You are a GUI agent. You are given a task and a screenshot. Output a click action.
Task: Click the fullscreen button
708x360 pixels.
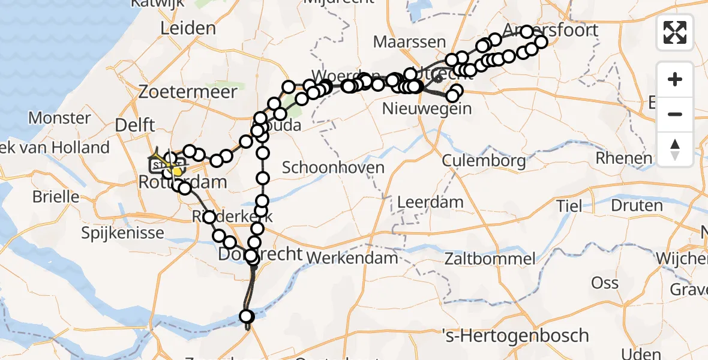click(x=675, y=32)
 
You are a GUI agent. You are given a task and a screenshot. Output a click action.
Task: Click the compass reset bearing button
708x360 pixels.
click(x=675, y=149)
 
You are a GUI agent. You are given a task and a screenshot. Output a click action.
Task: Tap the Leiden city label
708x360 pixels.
click(x=188, y=28)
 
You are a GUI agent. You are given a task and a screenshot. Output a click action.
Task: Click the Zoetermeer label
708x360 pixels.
click(x=188, y=92)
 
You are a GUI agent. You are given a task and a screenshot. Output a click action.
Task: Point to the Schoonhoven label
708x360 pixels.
click(x=333, y=167)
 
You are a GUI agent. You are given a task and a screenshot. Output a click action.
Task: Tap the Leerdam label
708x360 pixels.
click(x=430, y=201)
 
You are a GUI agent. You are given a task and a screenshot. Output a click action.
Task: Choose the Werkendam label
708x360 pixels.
click(x=353, y=258)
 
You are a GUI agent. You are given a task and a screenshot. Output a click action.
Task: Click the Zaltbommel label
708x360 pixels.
click(x=490, y=259)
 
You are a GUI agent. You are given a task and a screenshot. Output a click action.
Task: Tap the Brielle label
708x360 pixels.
click(x=56, y=196)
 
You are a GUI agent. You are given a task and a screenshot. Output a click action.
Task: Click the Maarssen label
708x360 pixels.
click(x=409, y=42)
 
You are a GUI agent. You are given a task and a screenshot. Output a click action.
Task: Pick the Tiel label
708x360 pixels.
click(x=568, y=206)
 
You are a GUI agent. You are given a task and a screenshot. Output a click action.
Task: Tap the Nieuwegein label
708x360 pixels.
click(x=427, y=109)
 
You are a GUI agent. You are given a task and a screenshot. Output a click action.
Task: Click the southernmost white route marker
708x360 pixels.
click(x=246, y=316)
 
